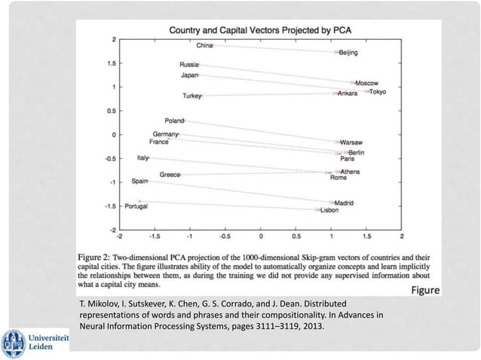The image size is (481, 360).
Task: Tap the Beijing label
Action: (x=348, y=53)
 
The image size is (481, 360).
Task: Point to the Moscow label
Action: (x=366, y=83)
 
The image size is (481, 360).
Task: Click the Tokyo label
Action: (x=377, y=92)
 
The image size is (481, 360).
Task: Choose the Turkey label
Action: (x=192, y=96)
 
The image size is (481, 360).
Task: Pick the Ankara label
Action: (x=348, y=93)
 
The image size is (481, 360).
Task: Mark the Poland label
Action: (x=174, y=121)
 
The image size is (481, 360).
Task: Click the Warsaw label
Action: (x=351, y=142)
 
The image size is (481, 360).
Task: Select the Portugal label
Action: (x=136, y=206)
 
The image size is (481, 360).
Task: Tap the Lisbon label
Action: (x=329, y=210)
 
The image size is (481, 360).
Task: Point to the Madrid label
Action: (x=344, y=203)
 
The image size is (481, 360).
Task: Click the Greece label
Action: (x=169, y=175)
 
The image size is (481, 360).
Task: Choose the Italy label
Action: (x=142, y=158)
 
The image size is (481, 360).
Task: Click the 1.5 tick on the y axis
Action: (x=110, y=63)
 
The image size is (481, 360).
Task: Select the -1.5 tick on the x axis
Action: (x=154, y=236)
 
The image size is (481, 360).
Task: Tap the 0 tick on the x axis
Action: (x=261, y=236)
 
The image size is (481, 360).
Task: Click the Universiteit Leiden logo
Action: (x=35, y=343)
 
